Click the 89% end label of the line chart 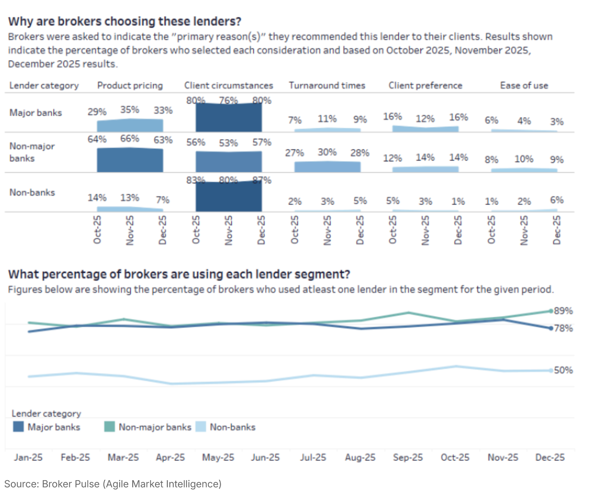click(x=563, y=311)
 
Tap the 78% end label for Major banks click(x=563, y=328)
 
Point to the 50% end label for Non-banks click(x=563, y=370)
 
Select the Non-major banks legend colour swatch click(x=110, y=427)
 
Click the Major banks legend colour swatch click(x=18, y=427)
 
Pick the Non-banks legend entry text click(x=232, y=427)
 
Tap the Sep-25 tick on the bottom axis click(x=408, y=457)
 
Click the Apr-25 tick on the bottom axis click(x=170, y=457)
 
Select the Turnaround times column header click(x=327, y=86)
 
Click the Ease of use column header click(x=524, y=86)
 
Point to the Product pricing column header click(x=130, y=86)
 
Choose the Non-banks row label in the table click(x=32, y=192)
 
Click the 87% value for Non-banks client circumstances click(x=262, y=180)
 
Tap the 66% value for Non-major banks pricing click(x=130, y=139)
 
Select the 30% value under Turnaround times click(x=327, y=152)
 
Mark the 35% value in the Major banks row click(x=130, y=110)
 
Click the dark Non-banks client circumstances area click(x=228, y=197)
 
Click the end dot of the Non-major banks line click(x=551, y=311)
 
